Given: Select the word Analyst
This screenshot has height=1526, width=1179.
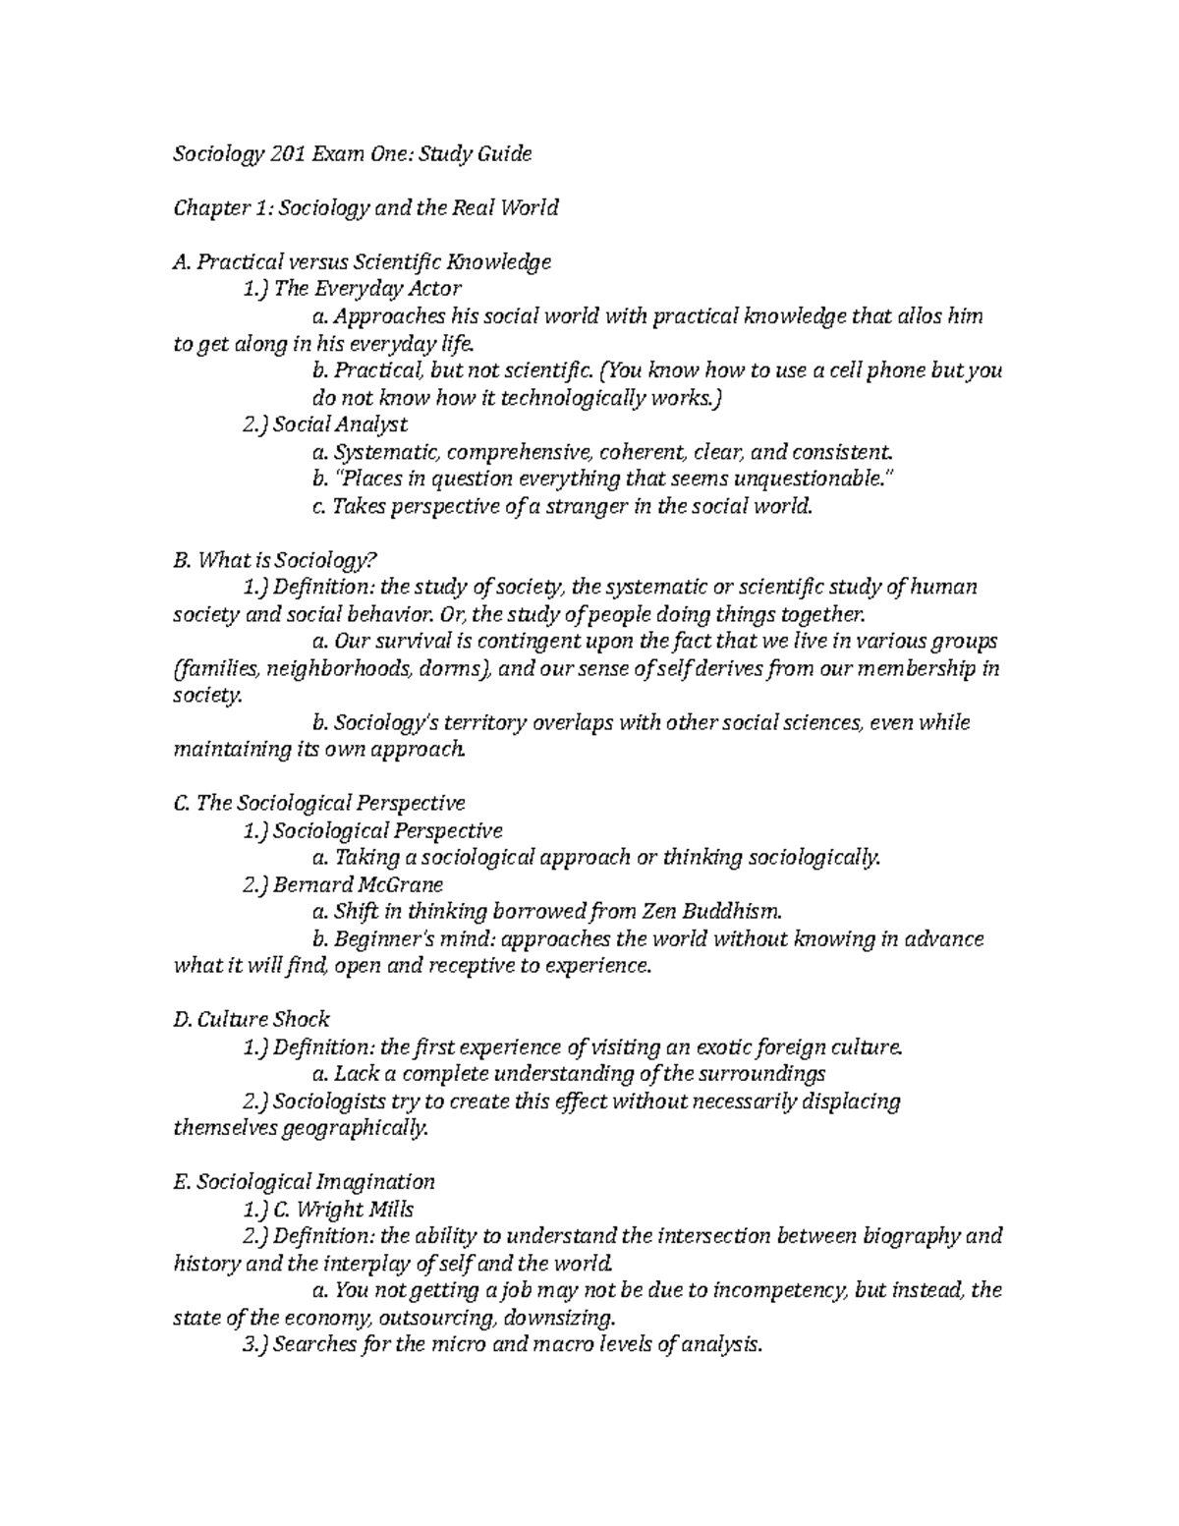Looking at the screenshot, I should pos(371,424).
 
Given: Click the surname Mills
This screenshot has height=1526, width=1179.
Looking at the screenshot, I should pos(389,1209).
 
